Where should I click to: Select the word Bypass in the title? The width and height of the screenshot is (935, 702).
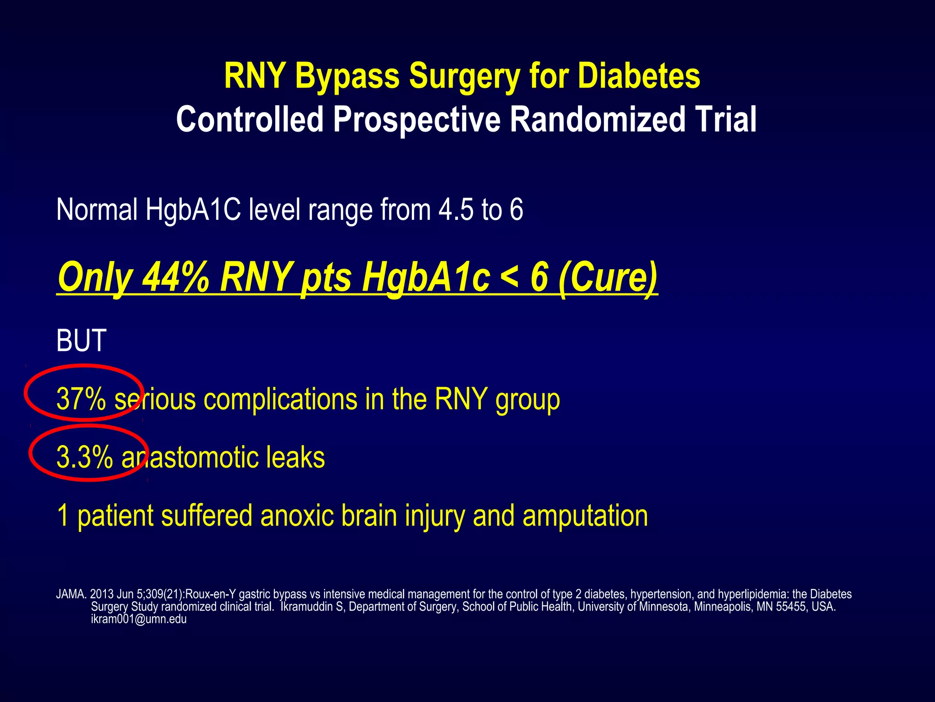[347, 76]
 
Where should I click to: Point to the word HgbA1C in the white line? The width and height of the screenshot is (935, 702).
[193, 210]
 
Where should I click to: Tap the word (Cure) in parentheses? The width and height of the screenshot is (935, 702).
[608, 277]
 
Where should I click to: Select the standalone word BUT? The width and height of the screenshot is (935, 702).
[81, 340]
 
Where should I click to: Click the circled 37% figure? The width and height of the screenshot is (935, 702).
[81, 399]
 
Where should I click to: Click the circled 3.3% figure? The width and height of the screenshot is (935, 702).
[84, 457]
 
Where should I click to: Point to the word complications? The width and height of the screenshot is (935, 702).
[280, 399]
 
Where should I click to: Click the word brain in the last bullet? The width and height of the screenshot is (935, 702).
[369, 516]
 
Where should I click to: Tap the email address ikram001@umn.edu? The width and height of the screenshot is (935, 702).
[139, 619]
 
